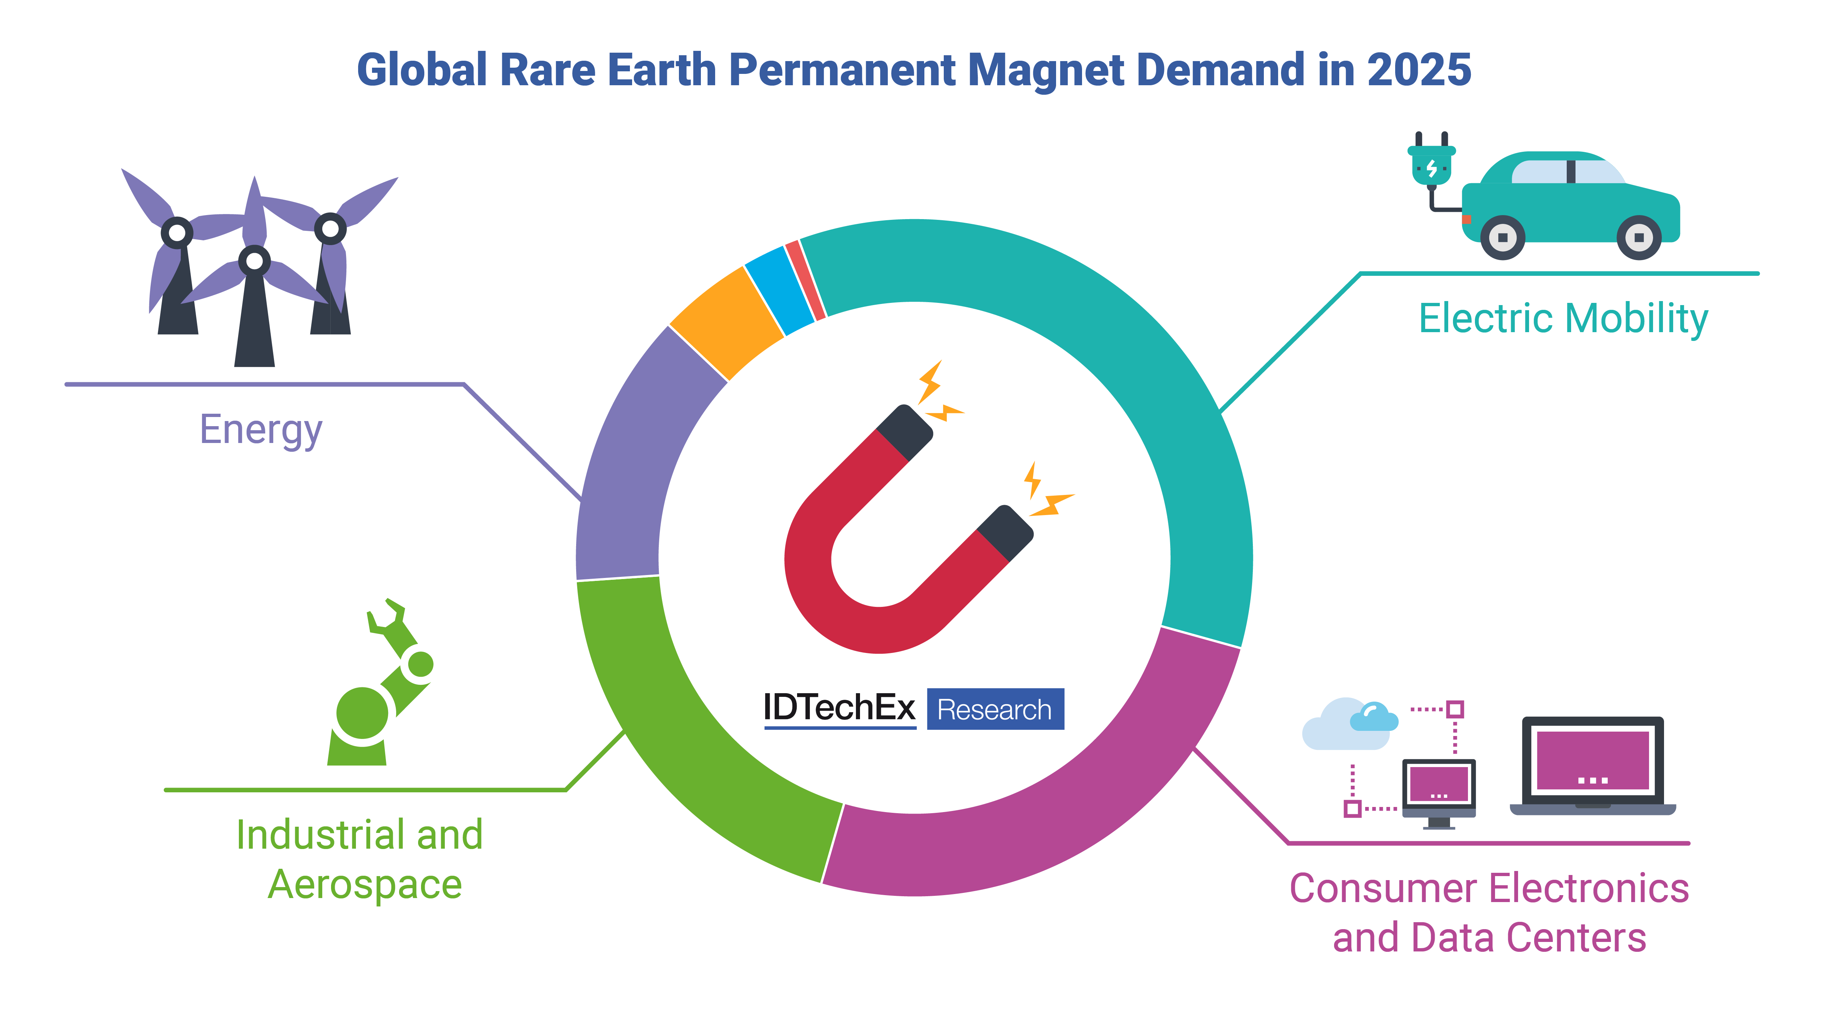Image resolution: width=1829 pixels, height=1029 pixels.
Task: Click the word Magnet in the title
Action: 1045,71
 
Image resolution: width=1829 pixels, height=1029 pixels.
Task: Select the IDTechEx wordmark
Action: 839,708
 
